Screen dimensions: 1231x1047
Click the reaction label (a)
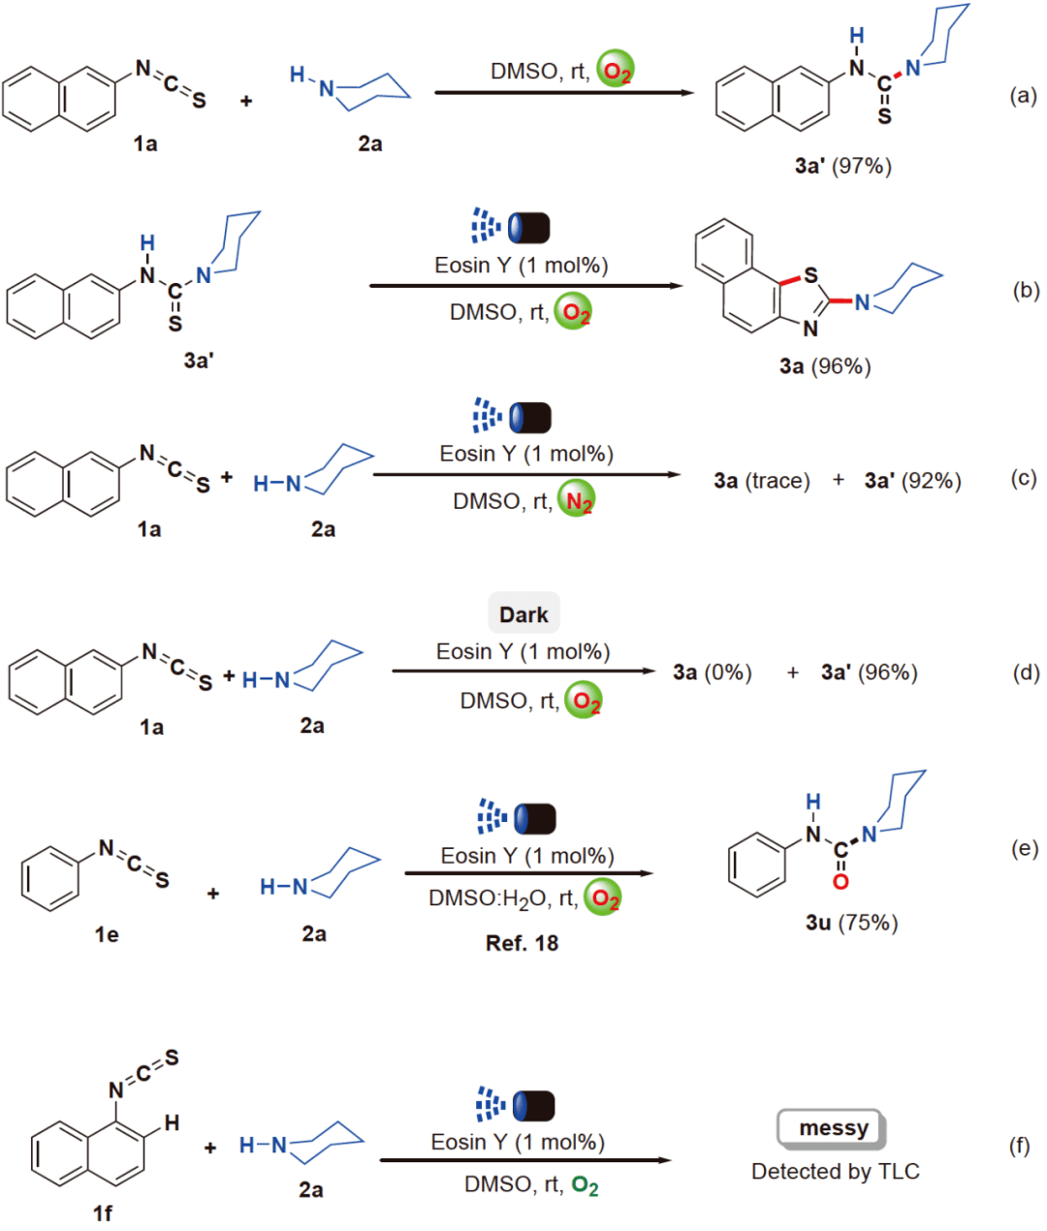pyautogui.click(x=1023, y=95)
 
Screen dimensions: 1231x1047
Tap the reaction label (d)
pyautogui.click(x=1026, y=673)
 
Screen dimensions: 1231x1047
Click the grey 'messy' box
pyautogui.click(x=832, y=1128)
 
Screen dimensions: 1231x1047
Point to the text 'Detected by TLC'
pyautogui.click(x=835, y=1172)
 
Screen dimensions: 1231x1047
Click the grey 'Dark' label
pyautogui.click(x=523, y=615)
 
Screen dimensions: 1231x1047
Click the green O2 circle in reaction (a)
pyautogui.click(x=615, y=71)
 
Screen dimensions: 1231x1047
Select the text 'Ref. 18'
pyautogui.click(x=522, y=943)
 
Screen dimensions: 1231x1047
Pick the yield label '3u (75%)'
pyautogui.click(x=851, y=923)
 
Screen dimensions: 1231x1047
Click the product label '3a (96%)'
pyautogui.click(x=825, y=366)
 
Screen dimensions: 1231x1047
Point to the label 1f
pyautogui.click(x=102, y=1213)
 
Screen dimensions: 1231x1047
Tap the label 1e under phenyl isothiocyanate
pyautogui.click(x=107, y=934)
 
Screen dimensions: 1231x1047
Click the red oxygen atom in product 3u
pyautogui.click(x=841, y=881)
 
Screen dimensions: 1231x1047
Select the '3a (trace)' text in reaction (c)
pyautogui.click(x=761, y=481)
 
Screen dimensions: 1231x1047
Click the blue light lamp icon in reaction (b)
pyautogui.click(x=510, y=228)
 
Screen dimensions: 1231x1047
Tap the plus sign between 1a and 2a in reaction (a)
pyautogui.click(x=245, y=100)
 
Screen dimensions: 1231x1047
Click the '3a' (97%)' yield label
pyautogui.click(x=842, y=166)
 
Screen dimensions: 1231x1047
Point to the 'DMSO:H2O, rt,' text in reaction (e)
pyautogui.click(x=502, y=899)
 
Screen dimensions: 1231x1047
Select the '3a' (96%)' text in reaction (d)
pyautogui.click(x=869, y=673)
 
